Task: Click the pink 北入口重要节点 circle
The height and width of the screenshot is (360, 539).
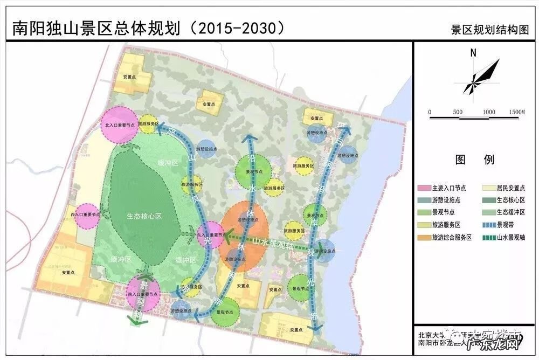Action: click(x=120, y=124)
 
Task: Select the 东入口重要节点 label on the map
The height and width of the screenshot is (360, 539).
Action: click(x=210, y=236)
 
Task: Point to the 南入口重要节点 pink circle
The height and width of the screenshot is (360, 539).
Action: click(x=143, y=294)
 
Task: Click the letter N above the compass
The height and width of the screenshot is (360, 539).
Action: click(x=473, y=53)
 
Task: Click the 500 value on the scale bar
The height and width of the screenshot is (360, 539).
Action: click(x=458, y=112)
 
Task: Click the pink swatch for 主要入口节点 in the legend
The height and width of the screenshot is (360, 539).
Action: click(x=424, y=188)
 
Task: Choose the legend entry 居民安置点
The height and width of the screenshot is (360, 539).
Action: click(x=510, y=188)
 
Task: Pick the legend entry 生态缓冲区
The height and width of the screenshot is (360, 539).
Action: click(x=510, y=212)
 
